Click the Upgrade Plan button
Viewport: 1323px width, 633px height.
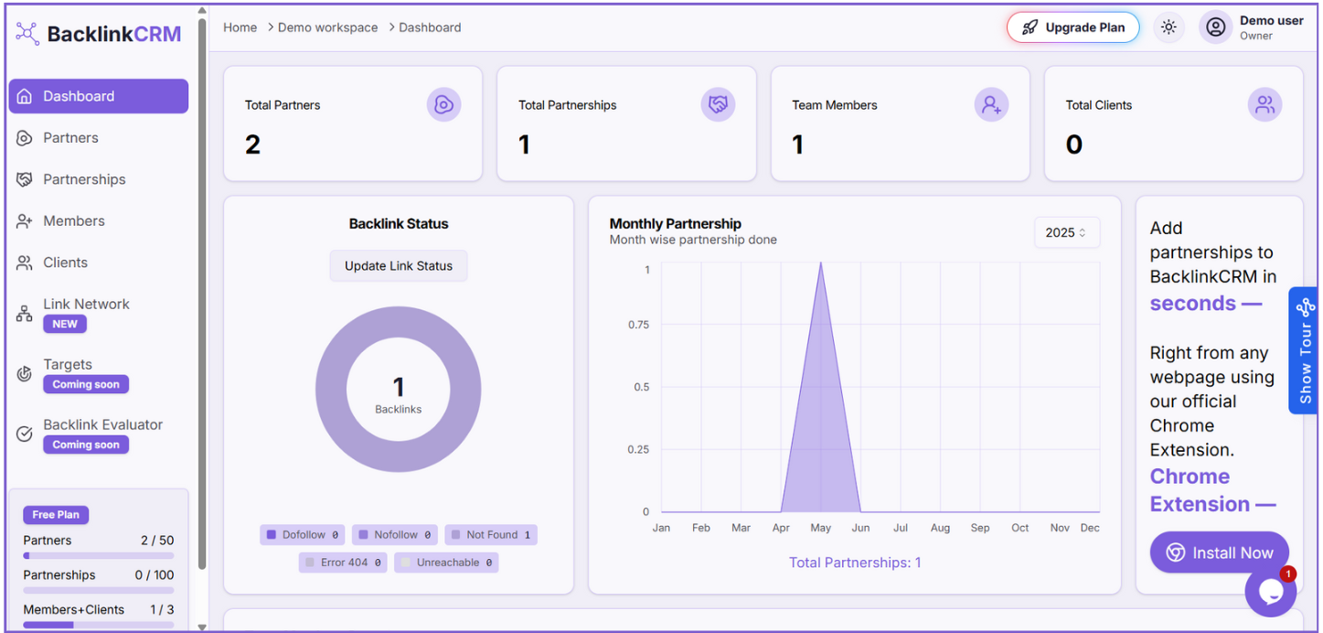pos(1072,27)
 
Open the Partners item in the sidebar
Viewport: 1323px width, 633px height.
pos(70,138)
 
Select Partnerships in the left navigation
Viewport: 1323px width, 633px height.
pos(84,179)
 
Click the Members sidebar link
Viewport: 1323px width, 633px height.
pos(73,221)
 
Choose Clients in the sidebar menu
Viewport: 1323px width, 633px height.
pos(65,263)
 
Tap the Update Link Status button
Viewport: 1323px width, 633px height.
pos(399,266)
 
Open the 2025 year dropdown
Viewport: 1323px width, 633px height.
pos(1066,232)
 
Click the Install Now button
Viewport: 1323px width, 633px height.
pos(1219,553)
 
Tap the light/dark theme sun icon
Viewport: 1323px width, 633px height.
pos(1168,27)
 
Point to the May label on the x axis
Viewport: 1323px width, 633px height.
pos(820,528)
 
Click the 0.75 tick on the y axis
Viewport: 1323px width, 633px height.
pos(639,325)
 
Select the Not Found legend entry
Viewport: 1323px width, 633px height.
pos(491,535)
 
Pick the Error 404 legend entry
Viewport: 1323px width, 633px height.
pos(343,563)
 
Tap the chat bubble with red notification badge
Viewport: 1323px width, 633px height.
pos(1271,591)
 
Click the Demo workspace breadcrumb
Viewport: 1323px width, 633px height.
pos(327,27)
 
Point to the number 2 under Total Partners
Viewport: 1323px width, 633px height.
pos(253,145)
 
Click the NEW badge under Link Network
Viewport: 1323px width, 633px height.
pos(65,324)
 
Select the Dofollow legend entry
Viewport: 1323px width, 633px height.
pos(303,535)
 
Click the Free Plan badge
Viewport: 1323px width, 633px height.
pos(56,515)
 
